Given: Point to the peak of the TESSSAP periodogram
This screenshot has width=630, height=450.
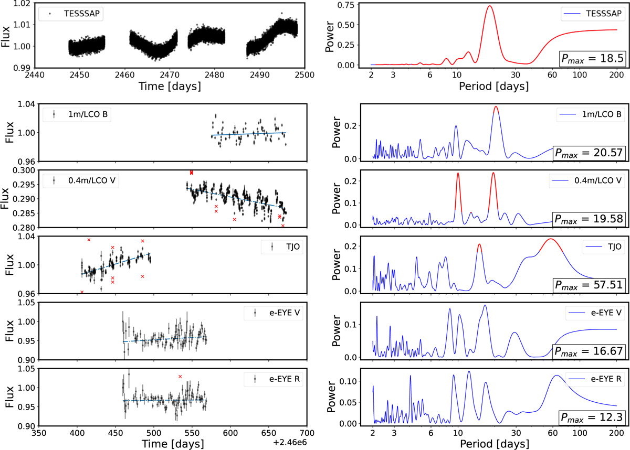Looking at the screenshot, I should coord(490,6).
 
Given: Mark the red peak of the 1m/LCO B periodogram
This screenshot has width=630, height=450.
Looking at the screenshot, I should coord(496,107).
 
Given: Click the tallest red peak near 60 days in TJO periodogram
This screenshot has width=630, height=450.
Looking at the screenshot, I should coord(550,239).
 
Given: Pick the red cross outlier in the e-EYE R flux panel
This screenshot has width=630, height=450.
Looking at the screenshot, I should coord(180,377).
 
